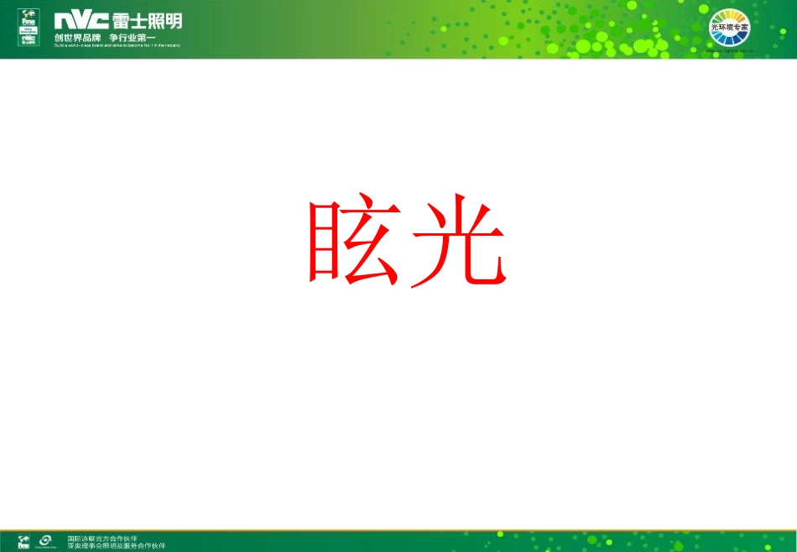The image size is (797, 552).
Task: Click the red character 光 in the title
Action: click(x=458, y=242)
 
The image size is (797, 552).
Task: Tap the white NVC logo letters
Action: click(x=81, y=21)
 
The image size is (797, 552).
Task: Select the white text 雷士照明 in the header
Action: click(x=146, y=21)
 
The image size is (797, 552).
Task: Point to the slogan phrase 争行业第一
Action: click(x=133, y=37)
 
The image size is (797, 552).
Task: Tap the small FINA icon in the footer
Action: click(x=25, y=541)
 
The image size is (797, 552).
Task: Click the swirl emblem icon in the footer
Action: click(x=47, y=541)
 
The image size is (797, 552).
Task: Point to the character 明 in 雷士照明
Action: click(x=172, y=21)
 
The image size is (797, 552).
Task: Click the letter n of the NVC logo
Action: click(x=63, y=21)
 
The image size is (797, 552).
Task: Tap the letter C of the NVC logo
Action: click(x=98, y=21)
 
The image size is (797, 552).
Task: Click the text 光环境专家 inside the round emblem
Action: click(x=729, y=28)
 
